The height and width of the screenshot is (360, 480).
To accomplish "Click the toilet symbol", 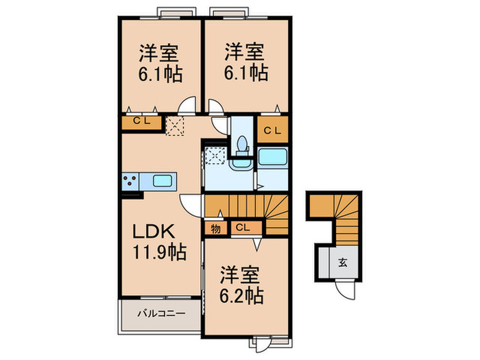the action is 242,145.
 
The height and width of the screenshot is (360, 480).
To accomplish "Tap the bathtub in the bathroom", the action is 272,157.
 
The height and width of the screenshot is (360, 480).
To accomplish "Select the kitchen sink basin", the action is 163,181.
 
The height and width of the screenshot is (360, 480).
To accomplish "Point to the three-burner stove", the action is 130,180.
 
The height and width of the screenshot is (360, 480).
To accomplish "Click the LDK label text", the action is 154,231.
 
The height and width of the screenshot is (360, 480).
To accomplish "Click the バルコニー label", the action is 161,314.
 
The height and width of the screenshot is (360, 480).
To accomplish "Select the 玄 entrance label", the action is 343,263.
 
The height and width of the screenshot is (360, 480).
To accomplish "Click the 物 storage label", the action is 215,228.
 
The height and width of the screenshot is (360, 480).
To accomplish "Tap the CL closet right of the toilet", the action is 272,130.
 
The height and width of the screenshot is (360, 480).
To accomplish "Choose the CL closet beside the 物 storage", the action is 246,228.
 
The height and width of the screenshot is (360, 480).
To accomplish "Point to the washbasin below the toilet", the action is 241,163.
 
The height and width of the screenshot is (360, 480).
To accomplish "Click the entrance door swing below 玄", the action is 346,290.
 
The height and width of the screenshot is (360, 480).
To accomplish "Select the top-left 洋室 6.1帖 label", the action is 160,63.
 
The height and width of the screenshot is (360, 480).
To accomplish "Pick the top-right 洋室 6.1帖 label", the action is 245,62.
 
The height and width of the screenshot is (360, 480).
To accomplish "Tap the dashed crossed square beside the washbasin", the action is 215,156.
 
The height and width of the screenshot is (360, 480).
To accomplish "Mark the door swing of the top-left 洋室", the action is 187,106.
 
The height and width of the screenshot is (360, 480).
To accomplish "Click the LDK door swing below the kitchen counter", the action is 191,205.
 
